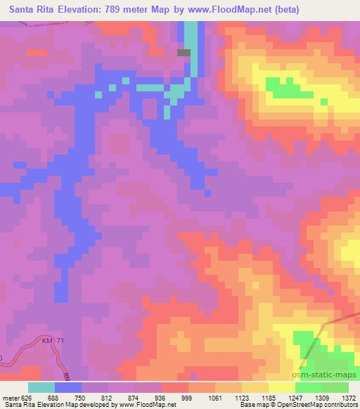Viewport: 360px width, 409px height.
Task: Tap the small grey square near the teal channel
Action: (184, 52)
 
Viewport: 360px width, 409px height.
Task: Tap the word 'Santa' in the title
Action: (22, 10)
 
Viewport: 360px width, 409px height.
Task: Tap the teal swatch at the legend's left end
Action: (41, 387)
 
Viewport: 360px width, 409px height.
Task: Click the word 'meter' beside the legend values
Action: (12, 397)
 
